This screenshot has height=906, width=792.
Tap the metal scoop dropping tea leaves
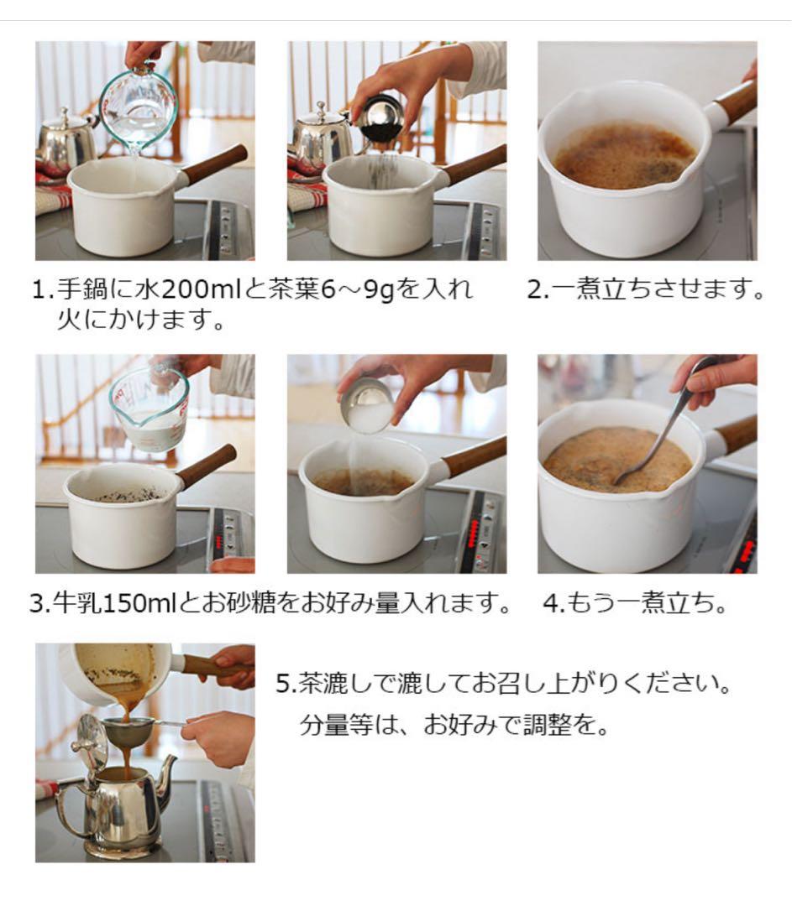[381, 117]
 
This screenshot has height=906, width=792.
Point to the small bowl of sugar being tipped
[370, 406]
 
